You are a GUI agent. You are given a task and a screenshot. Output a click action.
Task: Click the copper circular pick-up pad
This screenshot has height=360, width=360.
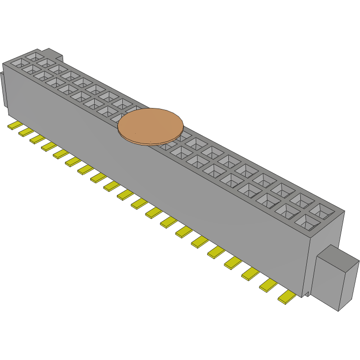tap(150, 126)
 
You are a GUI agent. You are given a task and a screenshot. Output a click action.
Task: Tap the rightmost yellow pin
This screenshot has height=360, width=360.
tap(287, 297)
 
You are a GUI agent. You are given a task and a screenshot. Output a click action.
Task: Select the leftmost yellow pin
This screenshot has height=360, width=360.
tap(14, 126)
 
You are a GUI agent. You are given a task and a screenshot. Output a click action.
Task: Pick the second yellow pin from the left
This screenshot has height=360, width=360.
tap(25, 132)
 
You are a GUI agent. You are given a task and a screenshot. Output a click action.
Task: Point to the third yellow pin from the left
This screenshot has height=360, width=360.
tap(36, 139)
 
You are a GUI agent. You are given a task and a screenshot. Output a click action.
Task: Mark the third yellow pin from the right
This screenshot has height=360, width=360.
tap(251, 273)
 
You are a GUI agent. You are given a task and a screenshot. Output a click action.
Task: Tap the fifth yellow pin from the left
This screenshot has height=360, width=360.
tap(61, 153)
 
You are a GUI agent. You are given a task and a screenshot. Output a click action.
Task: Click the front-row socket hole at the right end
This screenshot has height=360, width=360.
tap(307, 223)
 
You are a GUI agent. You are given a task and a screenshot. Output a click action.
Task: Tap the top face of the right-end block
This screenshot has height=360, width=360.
tap(337, 256)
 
